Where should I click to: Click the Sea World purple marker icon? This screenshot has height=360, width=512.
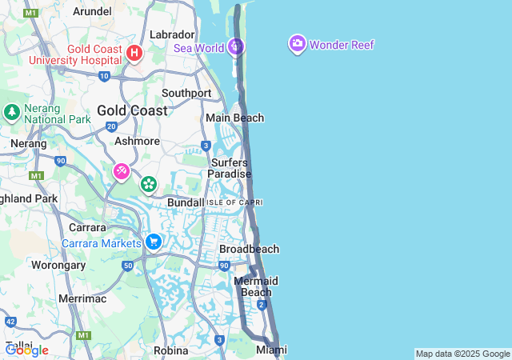click(x=235, y=46)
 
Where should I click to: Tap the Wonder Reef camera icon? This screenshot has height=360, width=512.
click(x=298, y=44)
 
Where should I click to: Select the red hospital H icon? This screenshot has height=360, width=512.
click(x=134, y=54)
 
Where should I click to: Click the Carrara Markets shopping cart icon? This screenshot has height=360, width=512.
click(x=154, y=242)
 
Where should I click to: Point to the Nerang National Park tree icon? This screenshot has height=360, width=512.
click(x=12, y=111)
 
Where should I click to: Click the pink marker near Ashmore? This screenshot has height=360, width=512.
click(x=122, y=170)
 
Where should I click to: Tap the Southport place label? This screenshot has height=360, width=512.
click(x=186, y=93)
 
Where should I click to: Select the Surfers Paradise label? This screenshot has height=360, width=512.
click(x=230, y=168)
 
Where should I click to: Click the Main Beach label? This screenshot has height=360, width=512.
click(x=234, y=118)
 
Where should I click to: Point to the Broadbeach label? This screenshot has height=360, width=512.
click(x=249, y=249)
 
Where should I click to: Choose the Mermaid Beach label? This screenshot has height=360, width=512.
click(x=256, y=286)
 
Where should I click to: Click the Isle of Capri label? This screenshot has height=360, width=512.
click(x=235, y=202)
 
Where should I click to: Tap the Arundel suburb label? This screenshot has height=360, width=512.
click(x=92, y=11)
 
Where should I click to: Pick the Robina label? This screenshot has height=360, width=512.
click(x=170, y=350)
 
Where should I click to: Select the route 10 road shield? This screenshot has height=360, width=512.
click(x=105, y=76)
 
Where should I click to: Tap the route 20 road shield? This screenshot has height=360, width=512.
click(x=111, y=126)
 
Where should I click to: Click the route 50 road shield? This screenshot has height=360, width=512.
click(x=127, y=265)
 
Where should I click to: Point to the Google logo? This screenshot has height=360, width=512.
click(x=26, y=350)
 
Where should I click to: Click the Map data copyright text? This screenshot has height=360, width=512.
click(x=462, y=354)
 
